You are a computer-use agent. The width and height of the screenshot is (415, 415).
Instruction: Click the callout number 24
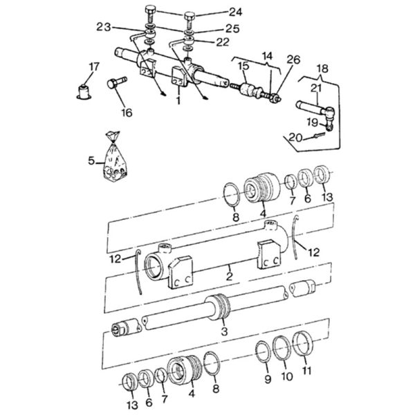click(235, 12)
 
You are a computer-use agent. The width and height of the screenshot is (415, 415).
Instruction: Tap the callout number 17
click(94, 67)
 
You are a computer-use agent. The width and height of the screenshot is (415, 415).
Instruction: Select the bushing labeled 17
click(84, 92)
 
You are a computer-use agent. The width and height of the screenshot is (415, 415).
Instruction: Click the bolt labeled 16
click(117, 82)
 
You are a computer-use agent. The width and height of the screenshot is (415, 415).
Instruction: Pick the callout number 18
click(322, 68)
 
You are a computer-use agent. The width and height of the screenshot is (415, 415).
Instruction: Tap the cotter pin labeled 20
click(319, 136)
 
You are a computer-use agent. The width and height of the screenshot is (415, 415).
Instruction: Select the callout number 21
click(316, 89)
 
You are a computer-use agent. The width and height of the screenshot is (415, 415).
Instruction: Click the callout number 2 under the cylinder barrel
click(230, 276)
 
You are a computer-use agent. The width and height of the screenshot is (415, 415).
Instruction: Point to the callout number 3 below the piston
click(224, 331)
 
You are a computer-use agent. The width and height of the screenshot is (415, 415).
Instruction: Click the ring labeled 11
click(303, 344)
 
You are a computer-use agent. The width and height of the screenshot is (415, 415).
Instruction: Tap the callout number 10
click(287, 376)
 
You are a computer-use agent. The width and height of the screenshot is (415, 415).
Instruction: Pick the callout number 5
click(91, 160)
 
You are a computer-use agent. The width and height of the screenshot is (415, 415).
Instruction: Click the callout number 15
click(243, 66)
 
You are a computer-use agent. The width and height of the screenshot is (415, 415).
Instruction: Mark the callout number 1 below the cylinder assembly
click(178, 100)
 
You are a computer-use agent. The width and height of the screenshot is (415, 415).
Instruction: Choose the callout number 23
click(104, 27)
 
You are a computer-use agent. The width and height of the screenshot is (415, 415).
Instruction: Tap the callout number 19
click(313, 122)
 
